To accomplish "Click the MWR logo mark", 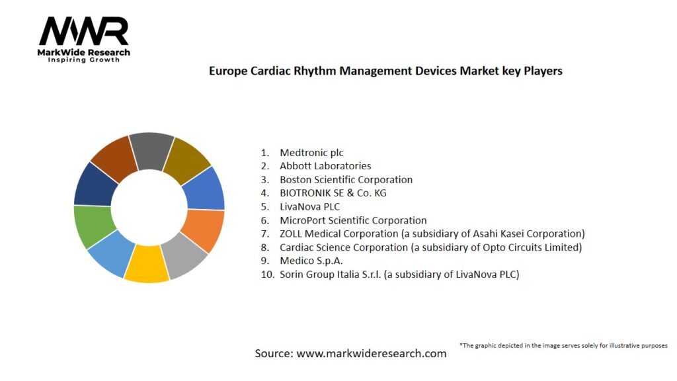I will click(84, 31).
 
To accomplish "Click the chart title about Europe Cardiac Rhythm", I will click(385, 70).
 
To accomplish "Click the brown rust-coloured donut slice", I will click(113, 157).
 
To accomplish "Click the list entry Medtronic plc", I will click(311, 153).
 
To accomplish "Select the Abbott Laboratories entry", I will click(325, 166).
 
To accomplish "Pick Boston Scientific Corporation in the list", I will click(346, 180).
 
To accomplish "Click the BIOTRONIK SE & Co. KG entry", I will click(333, 193).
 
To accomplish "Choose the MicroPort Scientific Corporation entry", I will click(353, 220).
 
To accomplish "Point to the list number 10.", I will click(267, 275).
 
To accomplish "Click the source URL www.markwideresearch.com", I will click(371, 353).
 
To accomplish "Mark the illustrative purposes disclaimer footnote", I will click(563, 345).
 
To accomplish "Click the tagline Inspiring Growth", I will click(84, 60).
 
